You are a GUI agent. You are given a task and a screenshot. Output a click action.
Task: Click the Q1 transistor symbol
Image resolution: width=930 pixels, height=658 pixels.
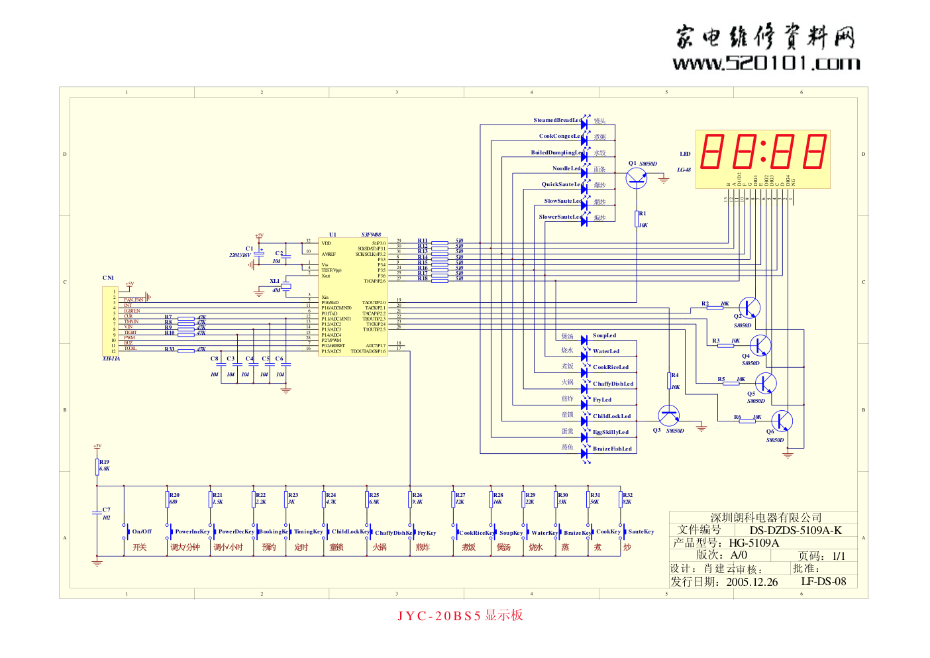[x=637, y=177]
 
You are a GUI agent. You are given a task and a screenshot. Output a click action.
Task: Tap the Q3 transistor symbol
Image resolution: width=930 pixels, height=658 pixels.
[x=669, y=416]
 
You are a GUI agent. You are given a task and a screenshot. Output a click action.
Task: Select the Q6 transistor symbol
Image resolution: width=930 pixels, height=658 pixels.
[x=782, y=421]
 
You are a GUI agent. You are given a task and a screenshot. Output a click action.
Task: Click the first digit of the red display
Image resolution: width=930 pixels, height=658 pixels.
[x=712, y=151]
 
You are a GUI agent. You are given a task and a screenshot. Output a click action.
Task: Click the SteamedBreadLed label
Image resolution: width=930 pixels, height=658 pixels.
[x=558, y=121]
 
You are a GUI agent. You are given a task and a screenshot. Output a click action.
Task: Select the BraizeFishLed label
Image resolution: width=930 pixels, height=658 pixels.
[x=612, y=449]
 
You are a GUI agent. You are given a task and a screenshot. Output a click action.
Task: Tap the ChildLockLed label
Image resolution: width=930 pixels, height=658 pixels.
[x=611, y=417]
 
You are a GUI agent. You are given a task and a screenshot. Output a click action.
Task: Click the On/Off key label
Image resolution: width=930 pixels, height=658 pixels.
[x=142, y=531]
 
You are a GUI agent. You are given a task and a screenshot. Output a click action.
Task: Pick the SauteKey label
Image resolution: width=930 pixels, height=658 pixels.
[x=641, y=531]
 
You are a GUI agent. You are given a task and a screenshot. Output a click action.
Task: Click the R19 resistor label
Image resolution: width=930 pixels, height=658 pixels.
[x=105, y=462]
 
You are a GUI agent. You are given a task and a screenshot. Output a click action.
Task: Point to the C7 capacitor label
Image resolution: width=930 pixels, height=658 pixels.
[x=107, y=510]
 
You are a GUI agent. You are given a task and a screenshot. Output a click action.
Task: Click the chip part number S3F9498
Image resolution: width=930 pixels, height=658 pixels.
[x=371, y=235]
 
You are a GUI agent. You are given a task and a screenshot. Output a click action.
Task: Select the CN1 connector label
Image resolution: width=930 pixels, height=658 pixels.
[x=108, y=278]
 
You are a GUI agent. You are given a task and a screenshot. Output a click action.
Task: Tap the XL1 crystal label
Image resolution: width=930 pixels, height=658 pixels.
[x=275, y=281]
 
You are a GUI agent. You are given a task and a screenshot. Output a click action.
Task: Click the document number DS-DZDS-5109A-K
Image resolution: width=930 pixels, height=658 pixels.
[x=796, y=530]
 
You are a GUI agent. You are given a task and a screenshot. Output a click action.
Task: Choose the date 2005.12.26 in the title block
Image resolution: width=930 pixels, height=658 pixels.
[x=752, y=582]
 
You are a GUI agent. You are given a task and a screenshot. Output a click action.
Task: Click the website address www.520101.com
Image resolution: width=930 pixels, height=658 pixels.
[x=766, y=64]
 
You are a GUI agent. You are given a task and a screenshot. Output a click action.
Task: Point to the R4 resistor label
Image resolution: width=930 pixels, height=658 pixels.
[x=675, y=375]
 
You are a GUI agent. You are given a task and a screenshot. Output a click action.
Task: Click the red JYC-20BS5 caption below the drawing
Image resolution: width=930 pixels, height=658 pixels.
[x=460, y=616]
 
